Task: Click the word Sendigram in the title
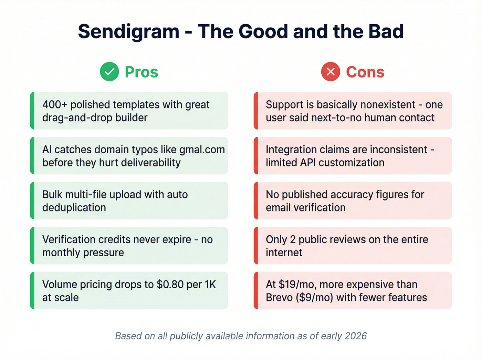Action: click(128, 32)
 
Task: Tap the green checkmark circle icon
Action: click(109, 72)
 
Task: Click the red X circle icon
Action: click(331, 72)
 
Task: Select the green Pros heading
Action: click(142, 72)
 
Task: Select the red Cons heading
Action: click(365, 72)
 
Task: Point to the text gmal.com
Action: click(202, 150)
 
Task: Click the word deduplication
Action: click(74, 208)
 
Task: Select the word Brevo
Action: click(279, 298)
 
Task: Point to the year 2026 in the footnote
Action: click(356, 336)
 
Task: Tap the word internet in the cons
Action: click(284, 253)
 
